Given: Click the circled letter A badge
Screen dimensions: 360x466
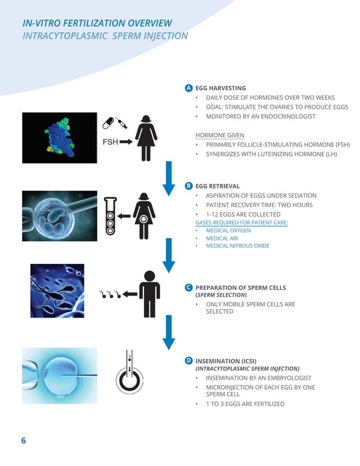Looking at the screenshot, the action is (x=189, y=88).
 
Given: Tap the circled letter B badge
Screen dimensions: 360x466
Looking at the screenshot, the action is (x=189, y=186).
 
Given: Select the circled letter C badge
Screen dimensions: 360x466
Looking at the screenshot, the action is (x=189, y=287).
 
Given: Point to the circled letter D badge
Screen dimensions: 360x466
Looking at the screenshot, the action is (x=189, y=359).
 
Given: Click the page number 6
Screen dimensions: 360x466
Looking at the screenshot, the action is (x=24, y=441).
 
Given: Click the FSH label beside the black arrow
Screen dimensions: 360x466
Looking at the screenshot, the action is (x=110, y=142).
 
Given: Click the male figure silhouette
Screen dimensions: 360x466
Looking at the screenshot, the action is (x=149, y=293).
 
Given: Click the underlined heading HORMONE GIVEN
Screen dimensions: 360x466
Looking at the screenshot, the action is (x=216, y=135).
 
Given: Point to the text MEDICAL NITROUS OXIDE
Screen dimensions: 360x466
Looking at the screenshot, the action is (x=238, y=246).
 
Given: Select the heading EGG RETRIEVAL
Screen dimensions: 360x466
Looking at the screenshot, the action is (x=217, y=186).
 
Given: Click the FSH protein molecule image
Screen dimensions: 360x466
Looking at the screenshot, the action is (x=59, y=138).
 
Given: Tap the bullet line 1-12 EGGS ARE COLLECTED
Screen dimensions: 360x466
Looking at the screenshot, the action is (x=243, y=214).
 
